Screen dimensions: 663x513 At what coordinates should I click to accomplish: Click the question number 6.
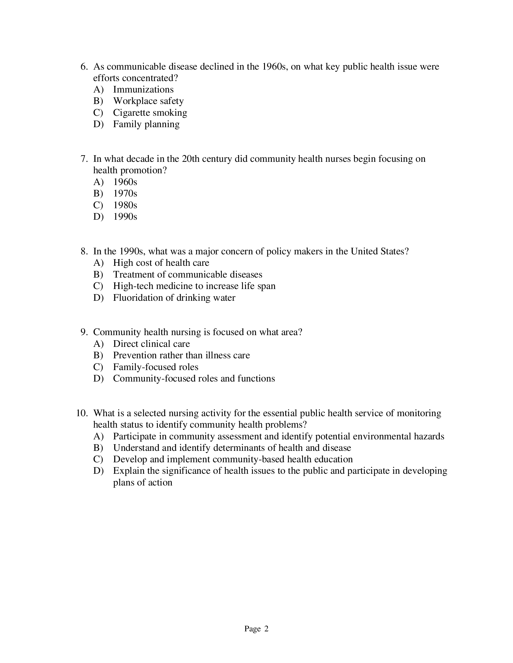(x=84, y=67)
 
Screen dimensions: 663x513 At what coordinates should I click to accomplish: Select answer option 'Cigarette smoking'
(x=150, y=113)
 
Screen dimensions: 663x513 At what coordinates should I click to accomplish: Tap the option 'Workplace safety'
(x=148, y=101)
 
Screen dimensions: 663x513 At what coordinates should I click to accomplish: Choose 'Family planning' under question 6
(x=146, y=124)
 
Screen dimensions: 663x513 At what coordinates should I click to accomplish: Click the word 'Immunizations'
(x=143, y=90)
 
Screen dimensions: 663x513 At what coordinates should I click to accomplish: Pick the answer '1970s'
(x=125, y=193)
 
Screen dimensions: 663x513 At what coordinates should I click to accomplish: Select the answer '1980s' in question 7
(x=125, y=205)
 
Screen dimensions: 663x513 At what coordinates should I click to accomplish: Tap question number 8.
(x=84, y=251)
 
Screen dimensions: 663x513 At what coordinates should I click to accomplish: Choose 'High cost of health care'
(x=161, y=263)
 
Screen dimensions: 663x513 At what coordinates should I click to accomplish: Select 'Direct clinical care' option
(x=151, y=344)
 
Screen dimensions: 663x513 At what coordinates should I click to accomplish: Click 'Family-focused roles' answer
(x=156, y=367)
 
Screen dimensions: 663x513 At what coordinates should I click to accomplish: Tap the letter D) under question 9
(x=98, y=379)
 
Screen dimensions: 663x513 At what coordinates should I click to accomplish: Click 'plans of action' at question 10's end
(x=142, y=483)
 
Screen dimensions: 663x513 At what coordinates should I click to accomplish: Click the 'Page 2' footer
(x=256, y=629)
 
